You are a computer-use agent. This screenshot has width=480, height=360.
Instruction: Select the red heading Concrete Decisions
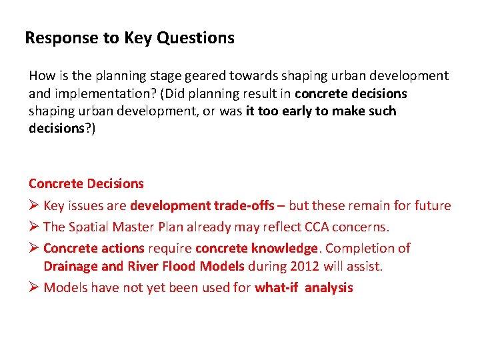pos(86,183)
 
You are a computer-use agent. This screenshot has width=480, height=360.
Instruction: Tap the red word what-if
pos(275,288)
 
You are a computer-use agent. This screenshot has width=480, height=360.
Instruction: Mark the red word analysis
pos(329,288)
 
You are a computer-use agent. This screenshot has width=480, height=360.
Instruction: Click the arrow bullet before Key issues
pos(34,205)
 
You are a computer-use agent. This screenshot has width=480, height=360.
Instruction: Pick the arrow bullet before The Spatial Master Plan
pos(34,227)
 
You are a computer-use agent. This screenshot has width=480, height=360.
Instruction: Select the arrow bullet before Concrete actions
pos(34,248)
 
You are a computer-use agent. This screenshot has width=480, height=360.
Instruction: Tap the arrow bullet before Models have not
pos(34,288)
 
